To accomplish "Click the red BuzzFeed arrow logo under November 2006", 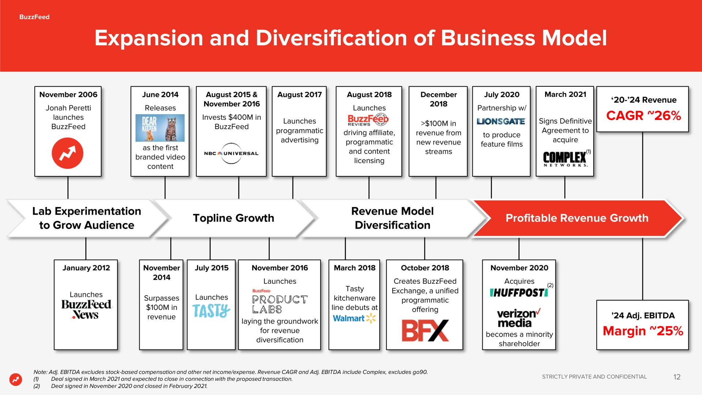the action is pyautogui.click(x=68, y=153).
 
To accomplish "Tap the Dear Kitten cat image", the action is pyautogui.click(x=160, y=128).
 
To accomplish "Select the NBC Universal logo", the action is pyautogui.click(x=231, y=153).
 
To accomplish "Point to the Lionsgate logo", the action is pyautogui.click(x=501, y=121).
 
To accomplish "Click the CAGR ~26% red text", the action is pyautogui.click(x=643, y=116).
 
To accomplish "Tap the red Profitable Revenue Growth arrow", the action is pyautogui.click(x=577, y=218).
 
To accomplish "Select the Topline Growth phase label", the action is pyautogui.click(x=233, y=218).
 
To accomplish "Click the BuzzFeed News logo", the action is pyautogui.click(x=86, y=309).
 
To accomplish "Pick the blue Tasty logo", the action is pyautogui.click(x=211, y=311).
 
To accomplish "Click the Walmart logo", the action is pyautogui.click(x=354, y=318).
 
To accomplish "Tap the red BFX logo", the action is pyautogui.click(x=425, y=331).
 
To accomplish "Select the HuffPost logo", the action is pyautogui.click(x=519, y=293).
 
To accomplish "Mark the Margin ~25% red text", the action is pyautogui.click(x=643, y=331).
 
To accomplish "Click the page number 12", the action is pyautogui.click(x=677, y=377).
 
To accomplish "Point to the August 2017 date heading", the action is pyautogui.click(x=299, y=95).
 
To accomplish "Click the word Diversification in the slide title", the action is pyautogui.click(x=331, y=38).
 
